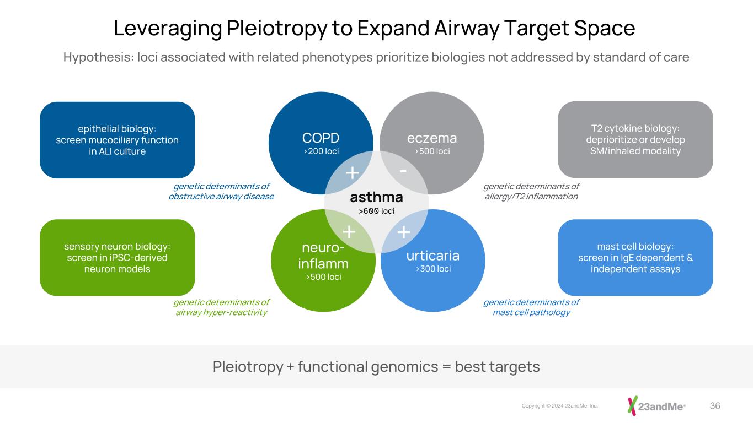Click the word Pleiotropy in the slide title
277,29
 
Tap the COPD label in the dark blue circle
321,138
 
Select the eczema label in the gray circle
432,138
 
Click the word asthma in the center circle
376,197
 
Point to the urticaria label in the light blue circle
433,256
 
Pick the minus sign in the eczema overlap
403,171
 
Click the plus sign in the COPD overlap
353,173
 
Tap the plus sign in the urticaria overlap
404,232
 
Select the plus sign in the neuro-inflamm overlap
349,232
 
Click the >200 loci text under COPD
321,151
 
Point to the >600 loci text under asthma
376,211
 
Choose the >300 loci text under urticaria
433,269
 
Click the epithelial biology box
118,140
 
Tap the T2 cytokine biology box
635,140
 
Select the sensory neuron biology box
118,258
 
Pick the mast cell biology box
635,258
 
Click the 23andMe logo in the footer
656,406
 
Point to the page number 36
715,406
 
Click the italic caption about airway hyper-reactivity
222,307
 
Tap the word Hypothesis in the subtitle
99,57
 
